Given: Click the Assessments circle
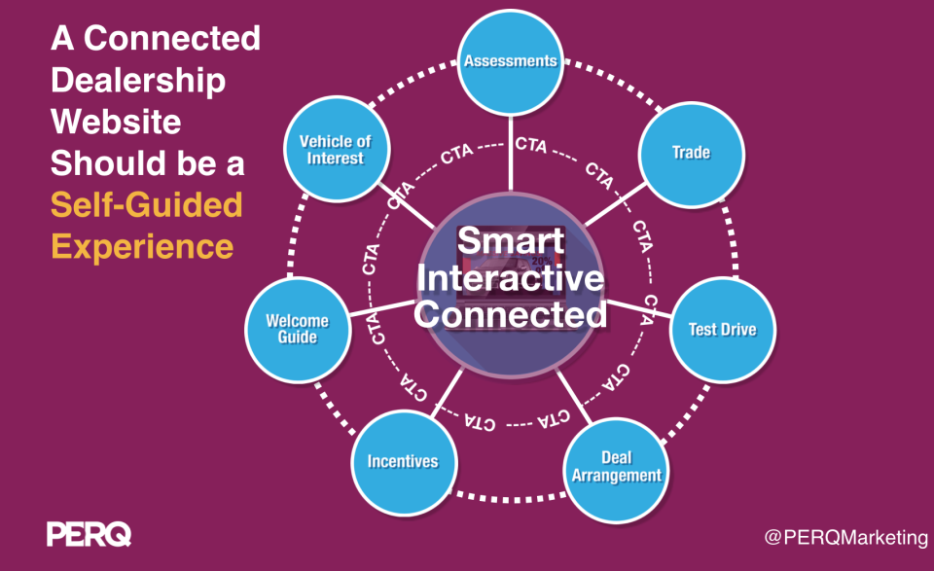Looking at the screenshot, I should coord(510,61).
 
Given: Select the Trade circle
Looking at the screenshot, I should coord(691,153).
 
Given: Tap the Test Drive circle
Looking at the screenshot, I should coord(722,329).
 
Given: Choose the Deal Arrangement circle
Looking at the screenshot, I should coord(617,466).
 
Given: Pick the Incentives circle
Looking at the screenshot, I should coord(402,460).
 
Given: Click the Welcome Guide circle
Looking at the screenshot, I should coord(298,329).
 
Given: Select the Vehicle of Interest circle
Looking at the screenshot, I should coord(335,152).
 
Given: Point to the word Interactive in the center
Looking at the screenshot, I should coord(512,280).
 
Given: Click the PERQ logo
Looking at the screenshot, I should coord(89,533).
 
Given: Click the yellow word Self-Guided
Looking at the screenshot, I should coord(146,204).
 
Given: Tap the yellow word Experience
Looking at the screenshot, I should coord(142,245).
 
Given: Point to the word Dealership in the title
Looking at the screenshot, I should coord(138,80).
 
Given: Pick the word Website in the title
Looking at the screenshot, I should coord(116,122).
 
